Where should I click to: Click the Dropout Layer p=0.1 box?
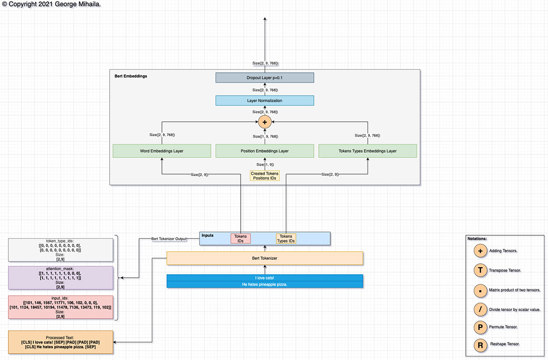point(265,78)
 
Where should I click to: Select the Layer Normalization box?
point(265,101)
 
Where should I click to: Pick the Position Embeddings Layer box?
point(265,151)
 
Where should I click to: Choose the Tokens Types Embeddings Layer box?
point(368,151)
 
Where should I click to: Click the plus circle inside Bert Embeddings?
point(265,122)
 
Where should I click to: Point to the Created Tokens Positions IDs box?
point(265,176)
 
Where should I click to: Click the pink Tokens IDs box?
point(240,238)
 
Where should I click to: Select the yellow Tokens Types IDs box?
point(286,238)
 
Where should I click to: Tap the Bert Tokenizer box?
point(265,258)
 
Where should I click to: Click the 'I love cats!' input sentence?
point(265,278)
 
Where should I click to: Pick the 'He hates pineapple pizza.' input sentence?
point(265,284)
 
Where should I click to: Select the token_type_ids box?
point(60,249)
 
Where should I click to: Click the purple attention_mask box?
point(60,278)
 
